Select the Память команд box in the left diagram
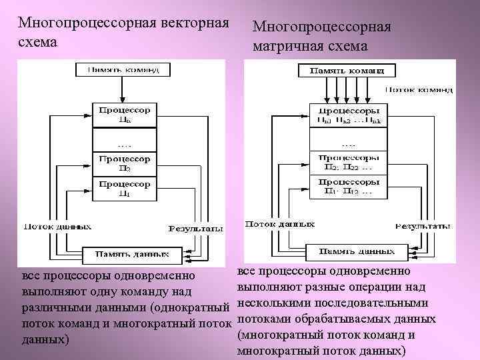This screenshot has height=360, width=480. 125,69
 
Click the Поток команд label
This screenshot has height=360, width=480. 419,89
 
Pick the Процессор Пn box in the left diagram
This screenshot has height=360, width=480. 125,113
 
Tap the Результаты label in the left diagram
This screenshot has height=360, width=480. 196,229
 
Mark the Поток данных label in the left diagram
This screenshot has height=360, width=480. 57,226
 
